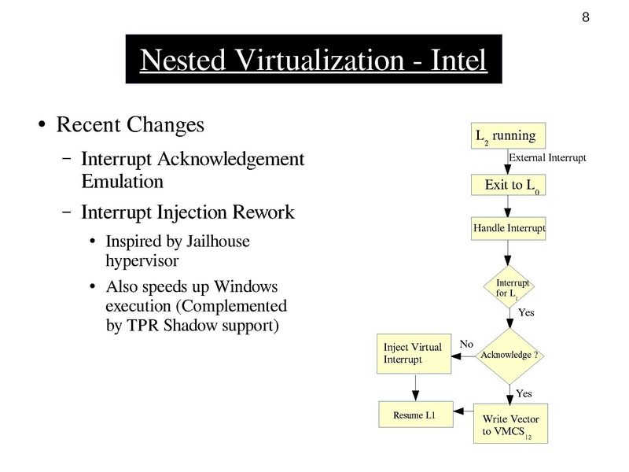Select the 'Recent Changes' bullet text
click(131, 125)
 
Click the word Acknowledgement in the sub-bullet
click(231, 159)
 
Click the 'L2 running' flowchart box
click(508, 136)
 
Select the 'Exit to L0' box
click(508, 186)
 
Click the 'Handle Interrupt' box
click(508, 229)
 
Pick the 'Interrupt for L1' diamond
click(509, 288)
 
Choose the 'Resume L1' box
click(416, 414)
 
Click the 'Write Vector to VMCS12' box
click(510, 425)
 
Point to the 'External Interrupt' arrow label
click(547, 158)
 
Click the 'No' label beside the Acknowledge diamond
click(466, 344)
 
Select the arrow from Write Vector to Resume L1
click(464, 415)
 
